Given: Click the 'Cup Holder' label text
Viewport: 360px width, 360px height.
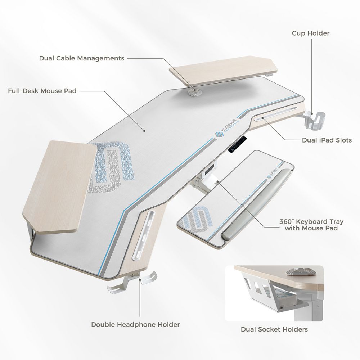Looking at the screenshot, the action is coord(310,33).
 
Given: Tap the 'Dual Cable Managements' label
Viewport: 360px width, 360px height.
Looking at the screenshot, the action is coord(81,58).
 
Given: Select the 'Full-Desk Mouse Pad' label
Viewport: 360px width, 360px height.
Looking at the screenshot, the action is coord(42,91).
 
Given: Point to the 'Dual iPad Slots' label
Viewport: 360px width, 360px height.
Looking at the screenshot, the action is coord(327,140).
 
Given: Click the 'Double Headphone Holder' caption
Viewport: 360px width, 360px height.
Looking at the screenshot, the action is coord(135,324).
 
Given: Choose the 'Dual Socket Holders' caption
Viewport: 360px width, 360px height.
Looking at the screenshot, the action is coord(274,329).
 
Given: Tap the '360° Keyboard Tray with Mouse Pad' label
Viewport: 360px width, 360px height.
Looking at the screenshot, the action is coord(311,225).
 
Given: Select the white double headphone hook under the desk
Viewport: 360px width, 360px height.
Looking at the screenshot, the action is coord(132,282).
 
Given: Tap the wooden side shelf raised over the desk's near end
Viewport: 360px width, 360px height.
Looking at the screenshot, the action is coord(60,186).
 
